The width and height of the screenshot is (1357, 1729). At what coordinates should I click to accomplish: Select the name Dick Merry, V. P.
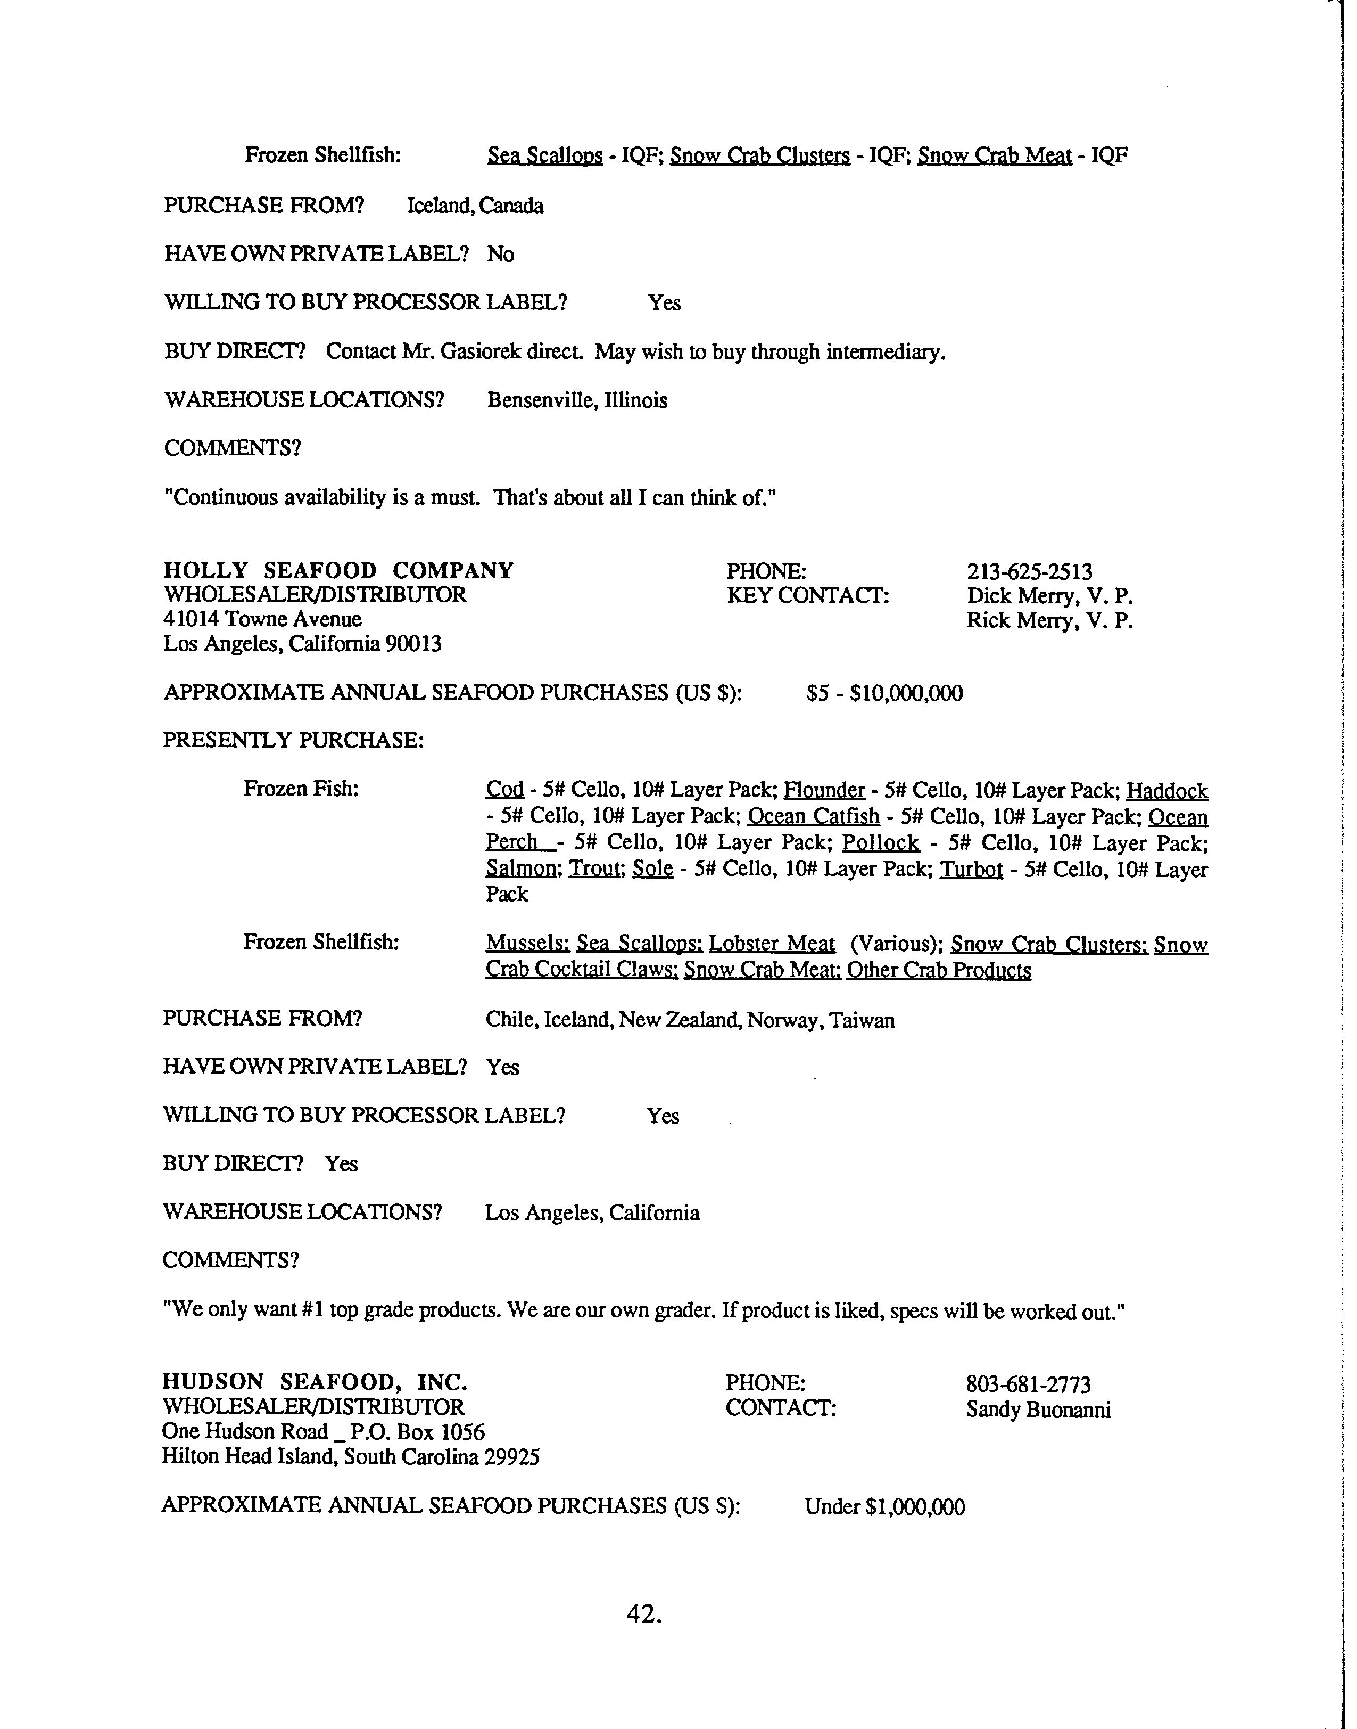1049,596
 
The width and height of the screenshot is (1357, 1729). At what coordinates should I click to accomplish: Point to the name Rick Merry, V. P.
1049,621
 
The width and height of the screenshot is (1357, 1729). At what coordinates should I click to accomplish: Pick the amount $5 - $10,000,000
883,693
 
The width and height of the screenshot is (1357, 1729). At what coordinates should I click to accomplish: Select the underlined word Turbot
971,869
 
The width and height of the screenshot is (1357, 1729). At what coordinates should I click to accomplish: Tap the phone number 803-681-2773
1028,1385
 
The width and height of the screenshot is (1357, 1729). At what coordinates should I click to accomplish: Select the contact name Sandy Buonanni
1038,1410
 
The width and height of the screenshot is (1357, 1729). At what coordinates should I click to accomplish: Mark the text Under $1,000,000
884,1506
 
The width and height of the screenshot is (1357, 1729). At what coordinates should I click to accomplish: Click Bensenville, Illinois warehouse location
577,400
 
